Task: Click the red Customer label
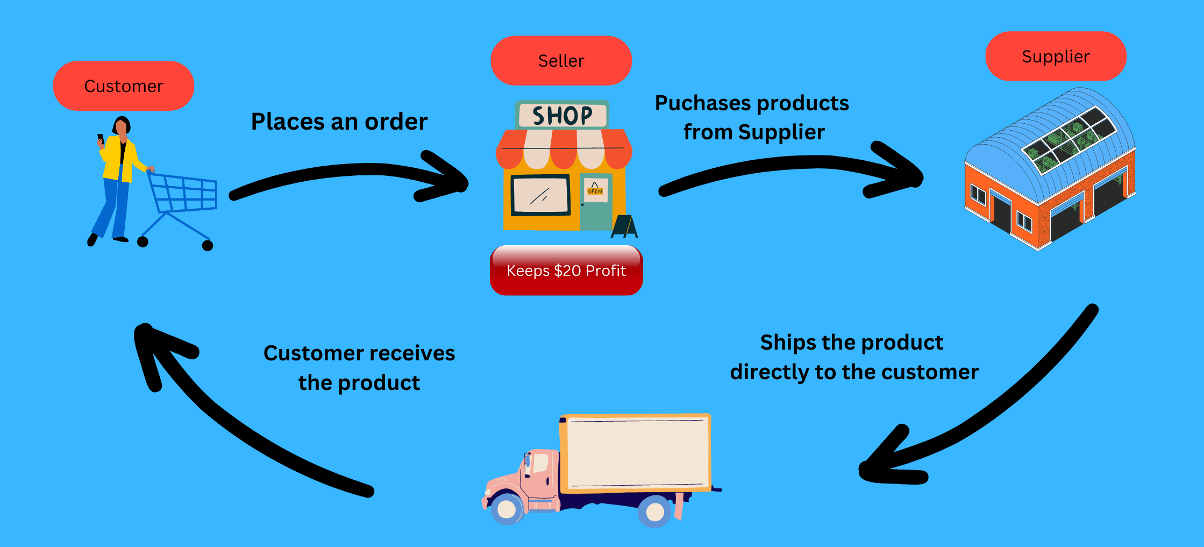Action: tap(124, 86)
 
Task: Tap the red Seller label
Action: tap(561, 61)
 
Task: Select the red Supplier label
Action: tap(1056, 56)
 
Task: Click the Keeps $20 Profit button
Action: tap(566, 271)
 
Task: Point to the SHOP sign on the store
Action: tap(562, 115)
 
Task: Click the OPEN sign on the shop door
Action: tap(595, 190)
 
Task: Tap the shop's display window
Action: tap(540, 195)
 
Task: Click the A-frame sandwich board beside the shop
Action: tap(624, 226)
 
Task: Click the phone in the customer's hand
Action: tap(100, 138)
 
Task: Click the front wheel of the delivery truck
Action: tap(507, 508)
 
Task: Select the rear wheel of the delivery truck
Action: tap(654, 511)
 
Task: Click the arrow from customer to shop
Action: tap(350, 172)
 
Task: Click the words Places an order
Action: tap(339, 122)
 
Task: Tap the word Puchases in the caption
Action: tap(695, 103)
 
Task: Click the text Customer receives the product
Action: tap(359, 368)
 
